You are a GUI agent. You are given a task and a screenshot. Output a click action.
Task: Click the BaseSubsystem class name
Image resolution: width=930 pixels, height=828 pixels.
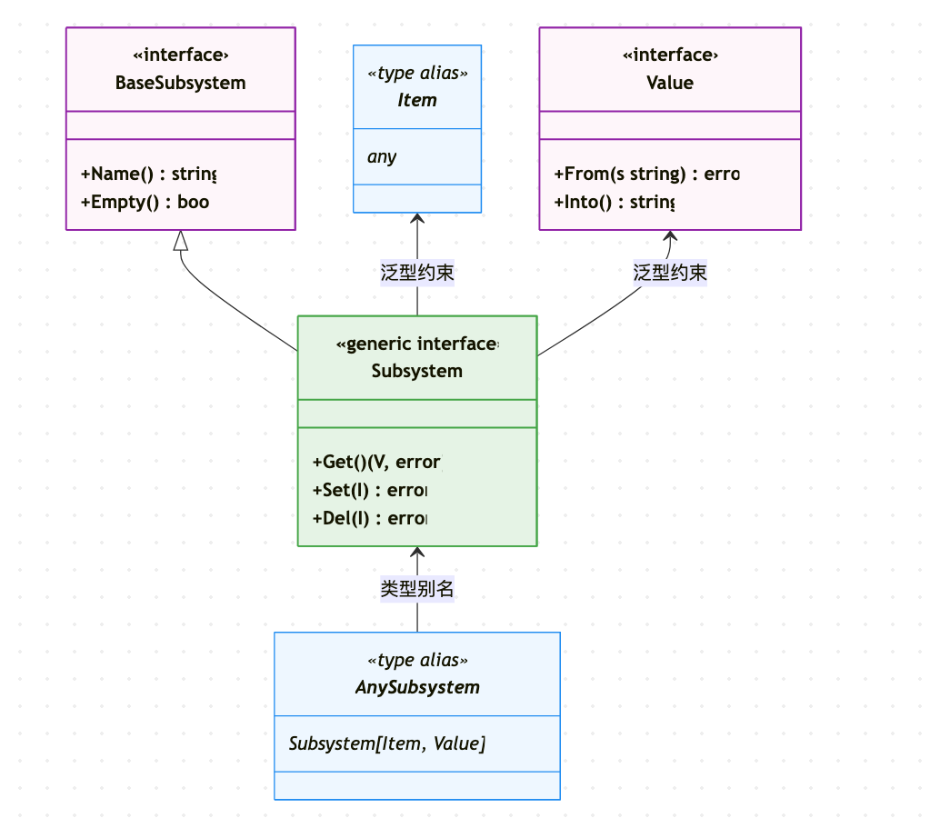point(180,83)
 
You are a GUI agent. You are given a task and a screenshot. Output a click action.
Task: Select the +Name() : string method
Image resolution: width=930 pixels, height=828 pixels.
point(148,174)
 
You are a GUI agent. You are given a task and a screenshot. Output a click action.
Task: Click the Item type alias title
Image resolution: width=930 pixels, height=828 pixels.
point(417,100)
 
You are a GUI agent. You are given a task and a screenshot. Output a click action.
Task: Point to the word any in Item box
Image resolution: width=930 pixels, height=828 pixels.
point(382,156)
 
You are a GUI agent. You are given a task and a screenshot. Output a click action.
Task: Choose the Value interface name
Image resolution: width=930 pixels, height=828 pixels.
point(670,83)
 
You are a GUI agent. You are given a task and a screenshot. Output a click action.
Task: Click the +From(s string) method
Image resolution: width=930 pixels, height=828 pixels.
point(646,174)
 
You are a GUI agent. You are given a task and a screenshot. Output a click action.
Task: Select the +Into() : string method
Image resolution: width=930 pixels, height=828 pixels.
point(614,202)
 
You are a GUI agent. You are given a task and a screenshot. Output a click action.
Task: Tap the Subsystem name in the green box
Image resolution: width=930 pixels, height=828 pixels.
point(417,371)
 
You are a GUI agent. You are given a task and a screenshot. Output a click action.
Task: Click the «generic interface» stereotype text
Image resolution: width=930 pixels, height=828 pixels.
point(417,344)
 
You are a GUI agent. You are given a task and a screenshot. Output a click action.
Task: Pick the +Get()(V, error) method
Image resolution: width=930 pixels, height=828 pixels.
point(376,463)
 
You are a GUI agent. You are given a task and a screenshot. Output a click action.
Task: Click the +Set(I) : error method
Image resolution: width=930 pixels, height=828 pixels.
point(369,491)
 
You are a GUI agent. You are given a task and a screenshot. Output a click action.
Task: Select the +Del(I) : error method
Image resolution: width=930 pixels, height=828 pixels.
point(369,518)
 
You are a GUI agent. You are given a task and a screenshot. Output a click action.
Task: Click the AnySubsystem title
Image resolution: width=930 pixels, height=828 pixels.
point(417,687)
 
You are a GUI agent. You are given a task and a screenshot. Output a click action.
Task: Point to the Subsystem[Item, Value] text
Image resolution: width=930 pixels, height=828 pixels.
point(387,743)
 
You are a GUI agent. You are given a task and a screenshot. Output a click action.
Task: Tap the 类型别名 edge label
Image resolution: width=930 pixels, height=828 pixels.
point(417,589)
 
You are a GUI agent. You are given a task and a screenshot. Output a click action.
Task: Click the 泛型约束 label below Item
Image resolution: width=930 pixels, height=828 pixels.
point(417,273)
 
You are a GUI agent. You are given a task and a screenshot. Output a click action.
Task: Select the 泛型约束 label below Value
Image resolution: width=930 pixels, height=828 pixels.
point(670,273)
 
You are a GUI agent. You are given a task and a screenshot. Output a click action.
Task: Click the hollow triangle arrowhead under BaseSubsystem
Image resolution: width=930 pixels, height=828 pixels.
point(181,240)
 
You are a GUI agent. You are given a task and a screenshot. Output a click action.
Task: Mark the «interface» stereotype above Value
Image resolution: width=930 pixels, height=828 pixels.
point(670,55)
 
